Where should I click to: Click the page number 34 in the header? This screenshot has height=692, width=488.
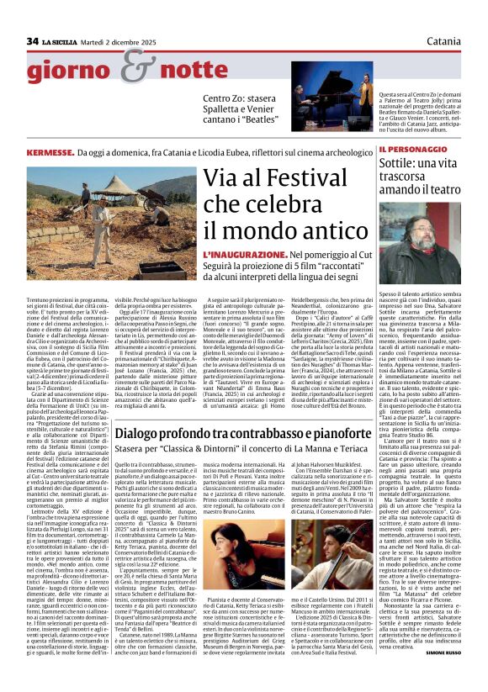(x=32, y=41)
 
